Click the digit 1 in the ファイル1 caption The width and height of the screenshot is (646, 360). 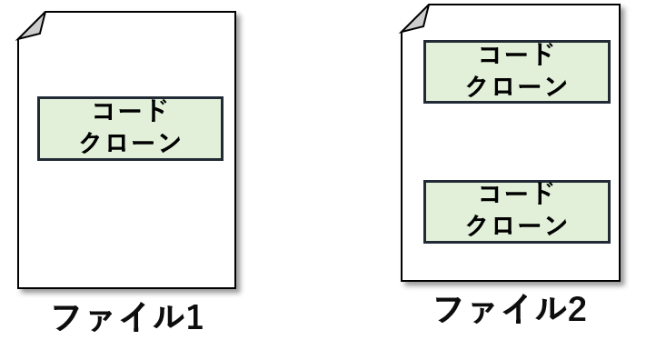coord(194,318)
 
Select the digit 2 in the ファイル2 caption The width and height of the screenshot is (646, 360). coord(577,310)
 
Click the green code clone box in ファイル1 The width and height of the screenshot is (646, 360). coord(130,128)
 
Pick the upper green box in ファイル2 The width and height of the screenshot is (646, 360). coord(517,72)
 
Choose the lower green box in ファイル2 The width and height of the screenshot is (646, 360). coord(517,212)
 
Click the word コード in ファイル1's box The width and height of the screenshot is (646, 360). coord(130,111)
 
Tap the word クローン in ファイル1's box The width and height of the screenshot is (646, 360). coord(130,143)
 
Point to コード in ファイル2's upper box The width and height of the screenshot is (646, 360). coord(517,55)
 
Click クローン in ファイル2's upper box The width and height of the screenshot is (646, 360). coord(517,86)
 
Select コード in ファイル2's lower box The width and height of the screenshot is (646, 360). coord(517,194)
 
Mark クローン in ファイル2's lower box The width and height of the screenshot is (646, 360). coord(517,225)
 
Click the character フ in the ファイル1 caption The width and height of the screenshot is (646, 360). coord(67,317)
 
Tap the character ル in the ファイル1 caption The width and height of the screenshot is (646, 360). coord(168,318)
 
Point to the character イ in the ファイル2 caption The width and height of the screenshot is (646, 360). coord(519,309)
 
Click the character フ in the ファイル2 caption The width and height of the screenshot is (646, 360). coord(450,309)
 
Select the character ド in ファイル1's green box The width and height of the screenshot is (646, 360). coord(154,111)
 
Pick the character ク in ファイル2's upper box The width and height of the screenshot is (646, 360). coord(478,86)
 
